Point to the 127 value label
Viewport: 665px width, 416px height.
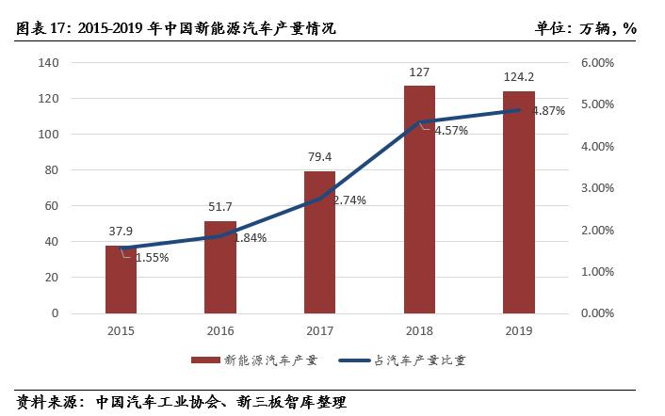[419, 72]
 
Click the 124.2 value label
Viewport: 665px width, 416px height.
[519, 76]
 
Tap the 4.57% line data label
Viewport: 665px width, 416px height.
[450, 130]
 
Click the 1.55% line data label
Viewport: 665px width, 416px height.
[151, 257]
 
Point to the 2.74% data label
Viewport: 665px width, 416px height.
[349, 200]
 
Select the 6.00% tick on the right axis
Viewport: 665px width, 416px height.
[594, 63]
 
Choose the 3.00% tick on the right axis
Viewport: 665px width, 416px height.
[594, 188]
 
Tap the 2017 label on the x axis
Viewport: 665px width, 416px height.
[319, 330]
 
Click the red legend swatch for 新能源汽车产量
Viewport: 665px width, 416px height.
[205, 360]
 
